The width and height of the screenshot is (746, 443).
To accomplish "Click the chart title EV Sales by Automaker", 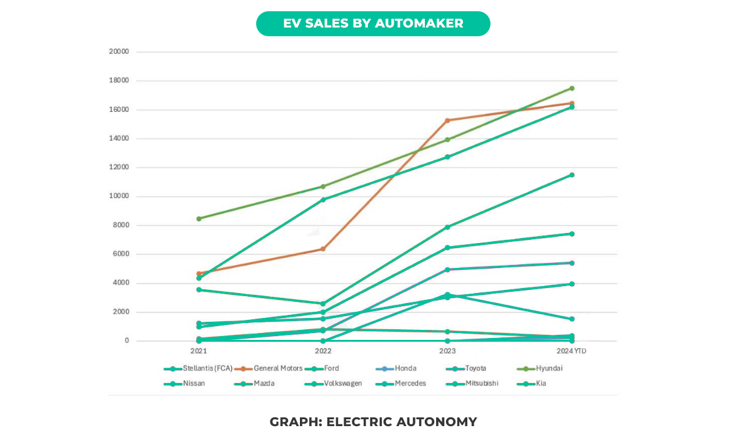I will coord(373,24).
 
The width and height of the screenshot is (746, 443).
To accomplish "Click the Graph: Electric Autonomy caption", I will coord(373,422).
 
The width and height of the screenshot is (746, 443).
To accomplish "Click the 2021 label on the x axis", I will coord(199,352).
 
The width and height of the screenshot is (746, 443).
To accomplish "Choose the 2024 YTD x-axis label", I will coord(571,352).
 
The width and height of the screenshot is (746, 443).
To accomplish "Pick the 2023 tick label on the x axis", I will coord(447,352).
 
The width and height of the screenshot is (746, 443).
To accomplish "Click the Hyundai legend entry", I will coord(549,369).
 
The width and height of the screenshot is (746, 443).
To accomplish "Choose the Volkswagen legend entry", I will coord(342,383).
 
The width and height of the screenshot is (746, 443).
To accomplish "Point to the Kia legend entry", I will coord(540,383).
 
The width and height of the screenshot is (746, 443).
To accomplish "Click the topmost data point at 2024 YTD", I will coord(572,88).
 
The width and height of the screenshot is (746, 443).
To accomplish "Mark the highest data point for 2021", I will coord(199,219).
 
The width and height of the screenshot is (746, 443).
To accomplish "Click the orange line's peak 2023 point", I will coord(447,120).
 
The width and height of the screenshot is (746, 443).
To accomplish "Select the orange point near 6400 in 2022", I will coord(323,249).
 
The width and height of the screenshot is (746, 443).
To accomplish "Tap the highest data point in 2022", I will coord(323,186).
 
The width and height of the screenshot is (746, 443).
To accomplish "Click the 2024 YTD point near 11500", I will coord(572,175).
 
